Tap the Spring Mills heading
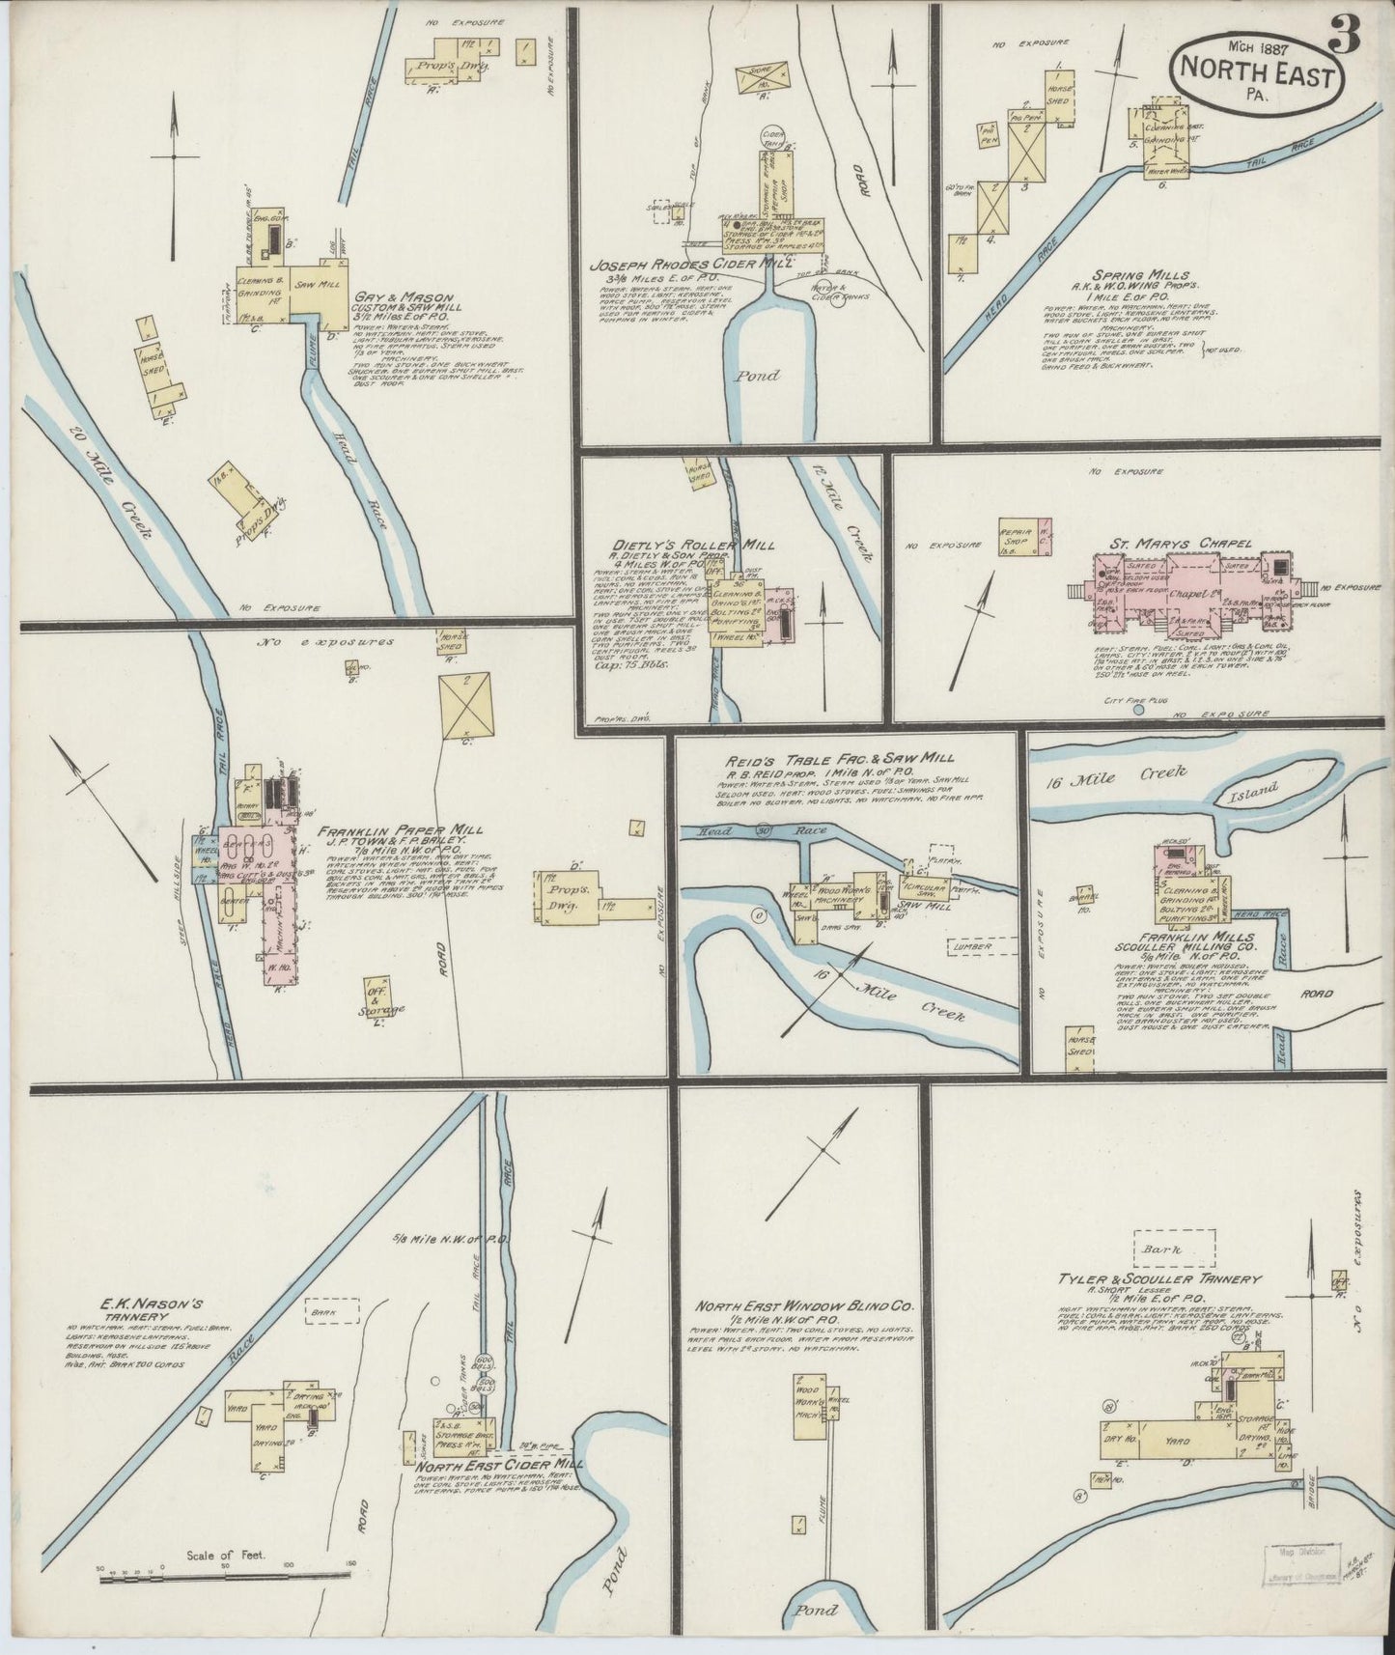click(1156, 275)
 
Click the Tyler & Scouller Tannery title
click(1158, 1279)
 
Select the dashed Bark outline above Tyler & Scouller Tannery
click(1174, 1247)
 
